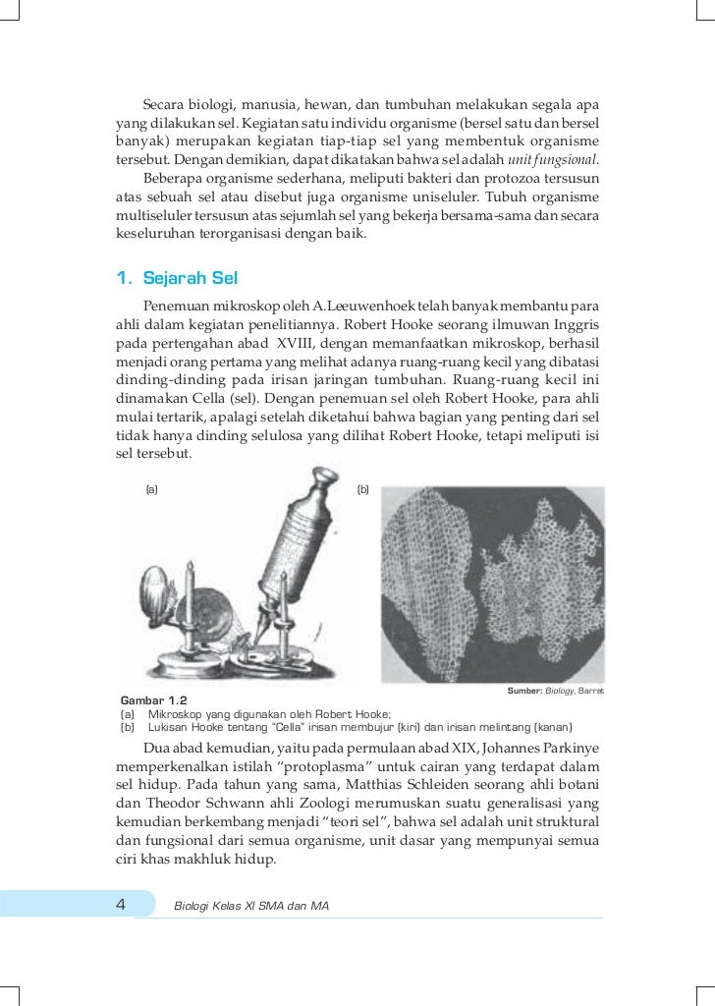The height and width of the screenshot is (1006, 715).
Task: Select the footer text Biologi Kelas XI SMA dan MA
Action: pyautogui.click(x=250, y=906)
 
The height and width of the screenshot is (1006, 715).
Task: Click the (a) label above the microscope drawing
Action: pyautogui.click(x=152, y=488)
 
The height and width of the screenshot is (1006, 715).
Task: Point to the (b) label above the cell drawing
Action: pyautogui.click(x=362, y=488)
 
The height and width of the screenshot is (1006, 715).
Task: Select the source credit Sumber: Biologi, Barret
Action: pyautogui.click(x=555, y=691)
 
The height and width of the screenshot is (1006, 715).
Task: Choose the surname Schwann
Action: pyautogui.click(x=207, y=810)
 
